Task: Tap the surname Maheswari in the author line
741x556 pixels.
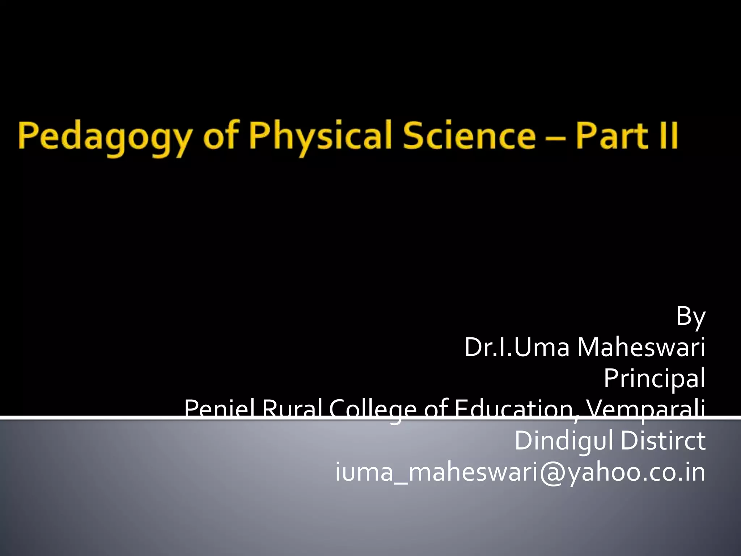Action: (x=641, y=347)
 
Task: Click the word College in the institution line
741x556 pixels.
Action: (x=373, y=409)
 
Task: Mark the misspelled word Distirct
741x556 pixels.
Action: (x=663, y=441)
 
